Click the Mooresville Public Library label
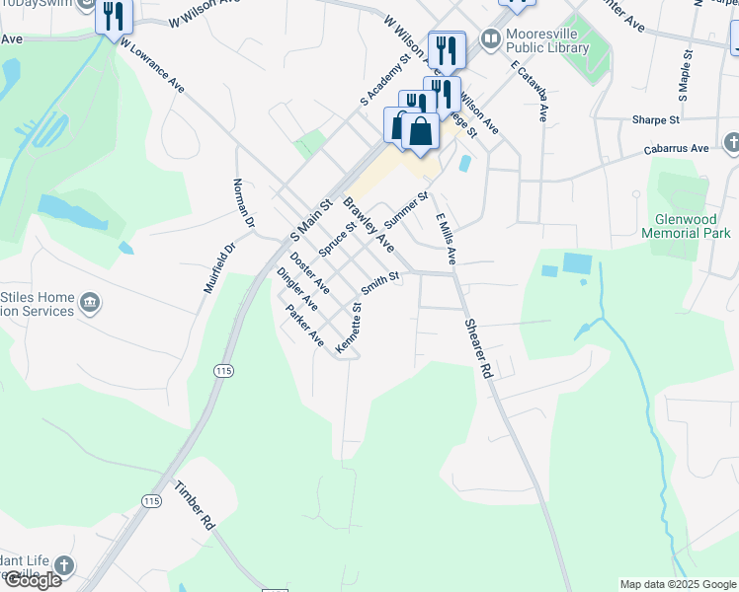[546, 40]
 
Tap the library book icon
[490, 39]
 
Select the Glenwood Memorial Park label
[686, 226]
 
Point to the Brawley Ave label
[369, 225]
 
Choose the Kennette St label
[350, 328]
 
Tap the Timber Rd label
[195, 504]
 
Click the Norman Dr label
[243, 204]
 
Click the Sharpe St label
[656, 119]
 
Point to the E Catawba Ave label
[530, 91]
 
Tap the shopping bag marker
[421, 131]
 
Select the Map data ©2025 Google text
[678, 584]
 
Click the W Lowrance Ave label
[152, 66]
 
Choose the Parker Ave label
[304, 326]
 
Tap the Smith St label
[379, 283]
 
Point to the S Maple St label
[683, 78]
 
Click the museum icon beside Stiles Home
[90, 301]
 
